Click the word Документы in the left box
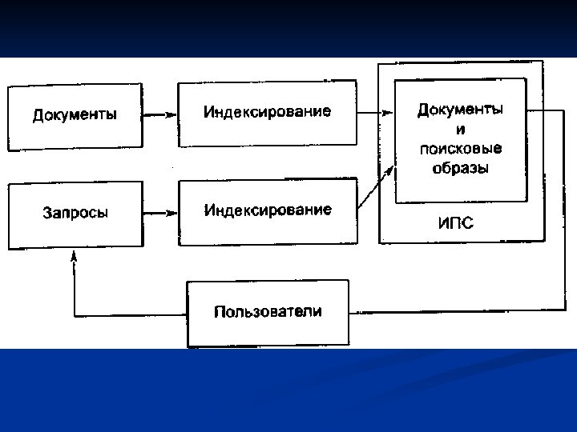(x=75, y=114)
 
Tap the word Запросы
(x=75, y=213)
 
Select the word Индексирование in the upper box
(x=267, y=111)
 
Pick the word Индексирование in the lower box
(x=268, y=210)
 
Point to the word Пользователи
(x=268, y=312)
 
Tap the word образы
(x=460, y=168)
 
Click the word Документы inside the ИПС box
(x=460, y=108)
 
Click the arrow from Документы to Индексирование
(x=158, y=115)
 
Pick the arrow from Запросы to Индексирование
(x=158, y=214)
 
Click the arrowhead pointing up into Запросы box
(x=75, y=256)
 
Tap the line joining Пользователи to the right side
(x=449, y=312)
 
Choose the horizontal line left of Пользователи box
(x=128, y=313)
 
